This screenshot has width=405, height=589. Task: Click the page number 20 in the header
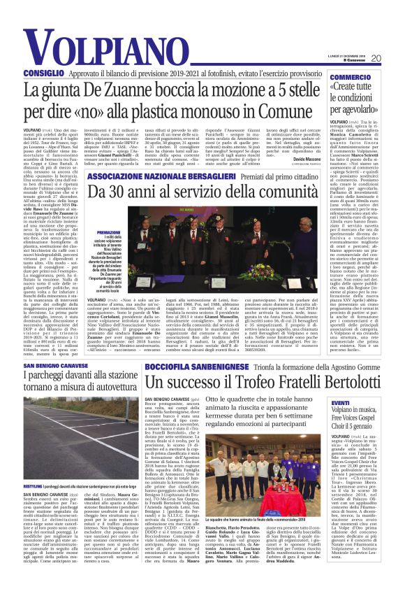(394, 58)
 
